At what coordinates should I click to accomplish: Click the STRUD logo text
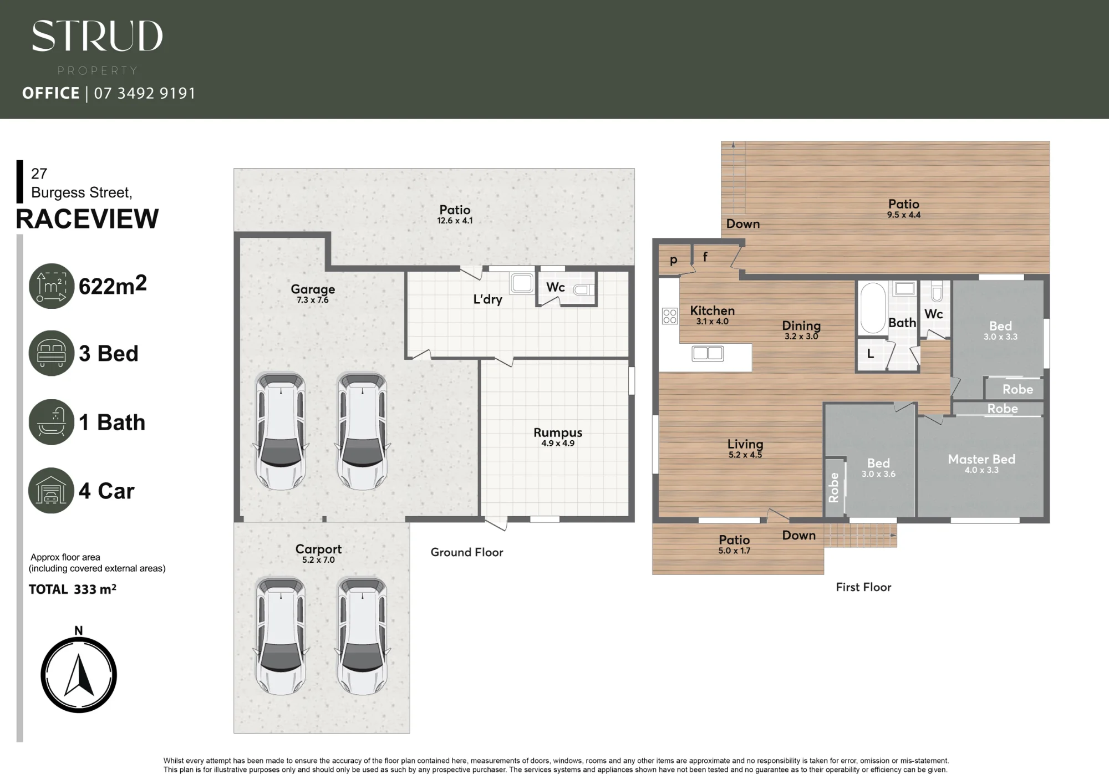click(97, 36)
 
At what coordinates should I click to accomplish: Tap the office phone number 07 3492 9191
click(145, 93)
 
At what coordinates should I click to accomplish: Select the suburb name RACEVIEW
click(87, 219)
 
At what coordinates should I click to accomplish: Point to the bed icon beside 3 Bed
click(51, 353)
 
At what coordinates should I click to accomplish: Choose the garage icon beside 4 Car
click(51, 491)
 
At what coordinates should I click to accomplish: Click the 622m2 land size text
click(113, 285)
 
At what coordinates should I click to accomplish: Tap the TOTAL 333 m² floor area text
click(73, 589)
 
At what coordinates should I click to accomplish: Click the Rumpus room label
click(558, 432)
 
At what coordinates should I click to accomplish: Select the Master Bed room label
click(981, 459)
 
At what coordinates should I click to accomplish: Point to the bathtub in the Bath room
click(873, 308)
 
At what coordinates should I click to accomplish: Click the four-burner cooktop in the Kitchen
click(670, 316)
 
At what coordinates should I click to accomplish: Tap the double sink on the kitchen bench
click(708, 353)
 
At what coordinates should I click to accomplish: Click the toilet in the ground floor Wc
click(583, 289)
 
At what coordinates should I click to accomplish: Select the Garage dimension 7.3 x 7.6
click(313, 300)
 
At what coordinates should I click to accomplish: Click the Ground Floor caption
click(467, 552)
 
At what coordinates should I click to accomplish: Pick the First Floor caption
click(863, 587)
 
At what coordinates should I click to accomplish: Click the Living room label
click(745, 444)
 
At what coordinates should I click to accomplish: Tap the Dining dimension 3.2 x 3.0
click(801, 337)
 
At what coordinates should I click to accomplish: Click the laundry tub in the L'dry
click(522, 283)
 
